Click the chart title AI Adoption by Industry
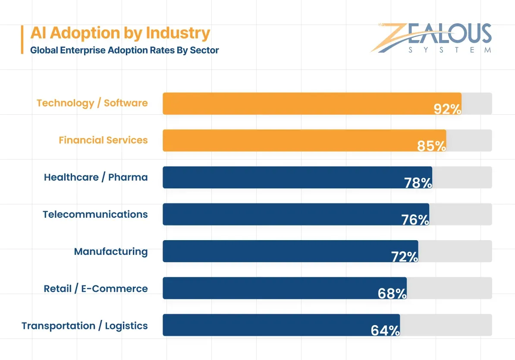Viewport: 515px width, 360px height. tap(120, 33)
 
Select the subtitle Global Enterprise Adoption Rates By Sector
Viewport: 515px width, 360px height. tap(124, 50)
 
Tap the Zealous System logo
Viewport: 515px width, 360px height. tap(431, 38)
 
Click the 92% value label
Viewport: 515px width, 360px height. tap(447, 109)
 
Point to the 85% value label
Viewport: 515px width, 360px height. tap(431, 146)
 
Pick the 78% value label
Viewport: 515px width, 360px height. tap(418, 183)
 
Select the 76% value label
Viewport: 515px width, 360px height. tap(415, 220)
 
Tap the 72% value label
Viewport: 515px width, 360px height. tap(405, 257)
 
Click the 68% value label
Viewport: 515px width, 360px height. tap(392, 294)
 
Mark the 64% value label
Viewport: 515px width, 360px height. tap(385, 331)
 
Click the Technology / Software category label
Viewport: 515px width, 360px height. tap(92, 103)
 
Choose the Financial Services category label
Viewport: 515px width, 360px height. tap(103, 140)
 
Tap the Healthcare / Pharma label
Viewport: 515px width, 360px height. tap(96, 177)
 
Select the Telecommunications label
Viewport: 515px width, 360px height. tap(95, 214)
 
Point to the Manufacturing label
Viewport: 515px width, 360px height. tap(111, 251)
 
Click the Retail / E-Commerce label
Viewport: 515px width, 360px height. tap(96, 288)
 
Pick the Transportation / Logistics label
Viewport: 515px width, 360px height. tap(85, 326)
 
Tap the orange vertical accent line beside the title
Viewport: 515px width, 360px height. tap(22, 40)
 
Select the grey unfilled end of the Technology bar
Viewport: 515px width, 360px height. tap(477, 103)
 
